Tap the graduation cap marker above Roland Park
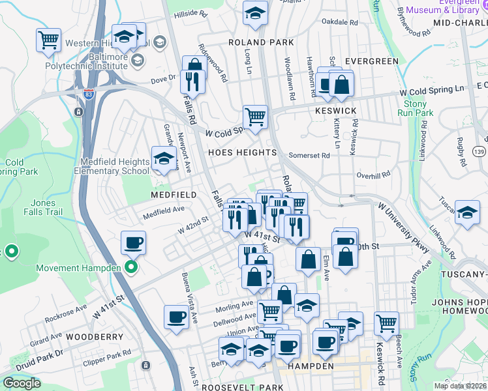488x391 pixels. click(x=256, y=12)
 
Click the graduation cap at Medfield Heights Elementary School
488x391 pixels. click(x=164, y=158)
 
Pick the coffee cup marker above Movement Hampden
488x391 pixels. click(x=134, y=243)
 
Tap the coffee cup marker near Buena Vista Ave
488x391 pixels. click(x=176, y=317)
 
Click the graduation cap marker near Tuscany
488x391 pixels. click(x=467, y=213)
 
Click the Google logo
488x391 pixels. click(x=22, y=383)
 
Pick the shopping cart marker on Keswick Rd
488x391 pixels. click(x=386, y=323)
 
